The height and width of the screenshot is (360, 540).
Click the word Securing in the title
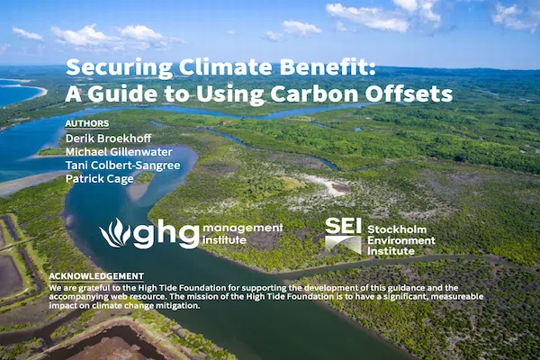[x=119, y=67]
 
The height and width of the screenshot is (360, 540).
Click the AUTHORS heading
[x=87, y=123]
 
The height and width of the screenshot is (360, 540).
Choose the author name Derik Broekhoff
[x=109, y=139]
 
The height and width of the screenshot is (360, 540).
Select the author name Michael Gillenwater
[x=119, y=152]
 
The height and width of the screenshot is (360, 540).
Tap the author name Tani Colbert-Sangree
[x=123, y=166]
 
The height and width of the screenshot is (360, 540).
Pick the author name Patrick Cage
[x=100, y=179]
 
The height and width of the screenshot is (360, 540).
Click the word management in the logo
[x=243, y=228]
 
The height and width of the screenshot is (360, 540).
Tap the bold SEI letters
[x=343, y=226]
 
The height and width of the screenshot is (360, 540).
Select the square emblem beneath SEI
[x=343, y=245]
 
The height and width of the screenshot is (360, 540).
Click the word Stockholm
[x=397, y=229]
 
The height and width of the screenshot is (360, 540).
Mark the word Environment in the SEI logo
[x=401, y=240]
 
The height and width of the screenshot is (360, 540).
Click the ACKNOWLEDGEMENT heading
[x=96, y=276]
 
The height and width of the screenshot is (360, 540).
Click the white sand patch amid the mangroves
[x=328, y=184]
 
